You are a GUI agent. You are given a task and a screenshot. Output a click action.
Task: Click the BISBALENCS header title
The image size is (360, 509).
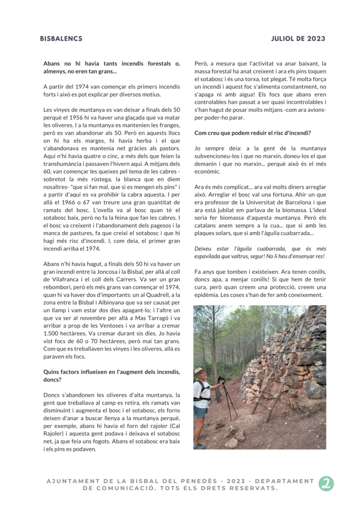click(61, 39)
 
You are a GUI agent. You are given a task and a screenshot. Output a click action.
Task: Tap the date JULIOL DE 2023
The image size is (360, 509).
click(298, 39)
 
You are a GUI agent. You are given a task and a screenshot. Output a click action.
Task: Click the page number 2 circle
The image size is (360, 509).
click(326, 484)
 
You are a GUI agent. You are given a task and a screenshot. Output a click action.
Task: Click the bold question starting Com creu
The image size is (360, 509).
click(253, 133)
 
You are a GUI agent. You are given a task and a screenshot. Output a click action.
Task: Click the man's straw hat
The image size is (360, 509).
click(200, 371)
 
